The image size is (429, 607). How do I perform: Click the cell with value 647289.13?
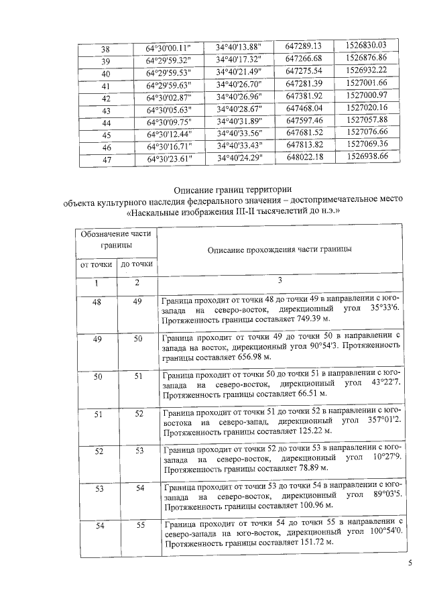pos(304,46)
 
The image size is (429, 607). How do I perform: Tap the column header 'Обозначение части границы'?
pos(115,239)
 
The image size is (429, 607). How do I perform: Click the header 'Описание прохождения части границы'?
pos(280,250)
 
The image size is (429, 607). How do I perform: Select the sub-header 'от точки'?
pos(95,265)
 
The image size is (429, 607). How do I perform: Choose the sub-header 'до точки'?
pos(137,265)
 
